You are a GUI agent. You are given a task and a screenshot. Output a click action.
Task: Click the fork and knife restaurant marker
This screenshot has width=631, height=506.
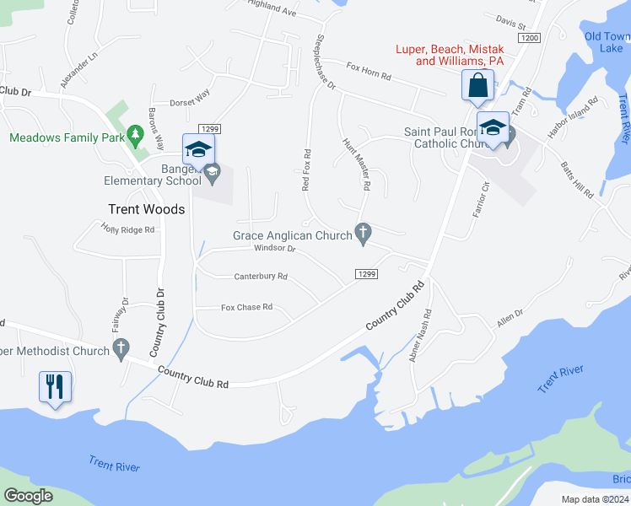pyautogui.click(x=55, y=387)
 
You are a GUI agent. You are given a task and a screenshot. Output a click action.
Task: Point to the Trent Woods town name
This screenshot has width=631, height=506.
pyautogui.click(x=146, y=209)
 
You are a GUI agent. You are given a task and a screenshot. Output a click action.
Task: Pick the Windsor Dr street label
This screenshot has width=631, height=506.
pyautogui.click(x=275, y=248)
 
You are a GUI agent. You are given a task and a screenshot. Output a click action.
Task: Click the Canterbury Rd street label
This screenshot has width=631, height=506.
pyautogui.click(x=261, y=276)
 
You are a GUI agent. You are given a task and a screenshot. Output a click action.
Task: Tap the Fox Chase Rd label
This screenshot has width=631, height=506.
pyautogui.click(x=246, y=307)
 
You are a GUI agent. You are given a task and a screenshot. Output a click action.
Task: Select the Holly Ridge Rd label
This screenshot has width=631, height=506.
pyautogui.click(x=128, y=229)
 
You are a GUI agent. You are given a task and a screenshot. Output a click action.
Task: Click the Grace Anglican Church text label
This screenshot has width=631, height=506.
pyautogui.click(x=292, y=235)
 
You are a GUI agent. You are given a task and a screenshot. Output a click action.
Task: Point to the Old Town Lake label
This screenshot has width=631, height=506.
pyautogui.click(x=607, y=42)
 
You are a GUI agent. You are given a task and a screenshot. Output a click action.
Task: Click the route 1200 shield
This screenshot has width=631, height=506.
pyautogui.click(x=530, y=38)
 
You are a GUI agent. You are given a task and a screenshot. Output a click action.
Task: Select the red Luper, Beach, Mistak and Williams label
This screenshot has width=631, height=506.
pyautogui.click(x=450, y=55)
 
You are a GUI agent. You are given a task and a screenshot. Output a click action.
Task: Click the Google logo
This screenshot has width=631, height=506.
pyautogui.click(x=29, y=496)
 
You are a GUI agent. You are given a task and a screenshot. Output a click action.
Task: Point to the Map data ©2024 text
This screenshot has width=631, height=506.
pyautogui.click(x=595, y=499)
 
